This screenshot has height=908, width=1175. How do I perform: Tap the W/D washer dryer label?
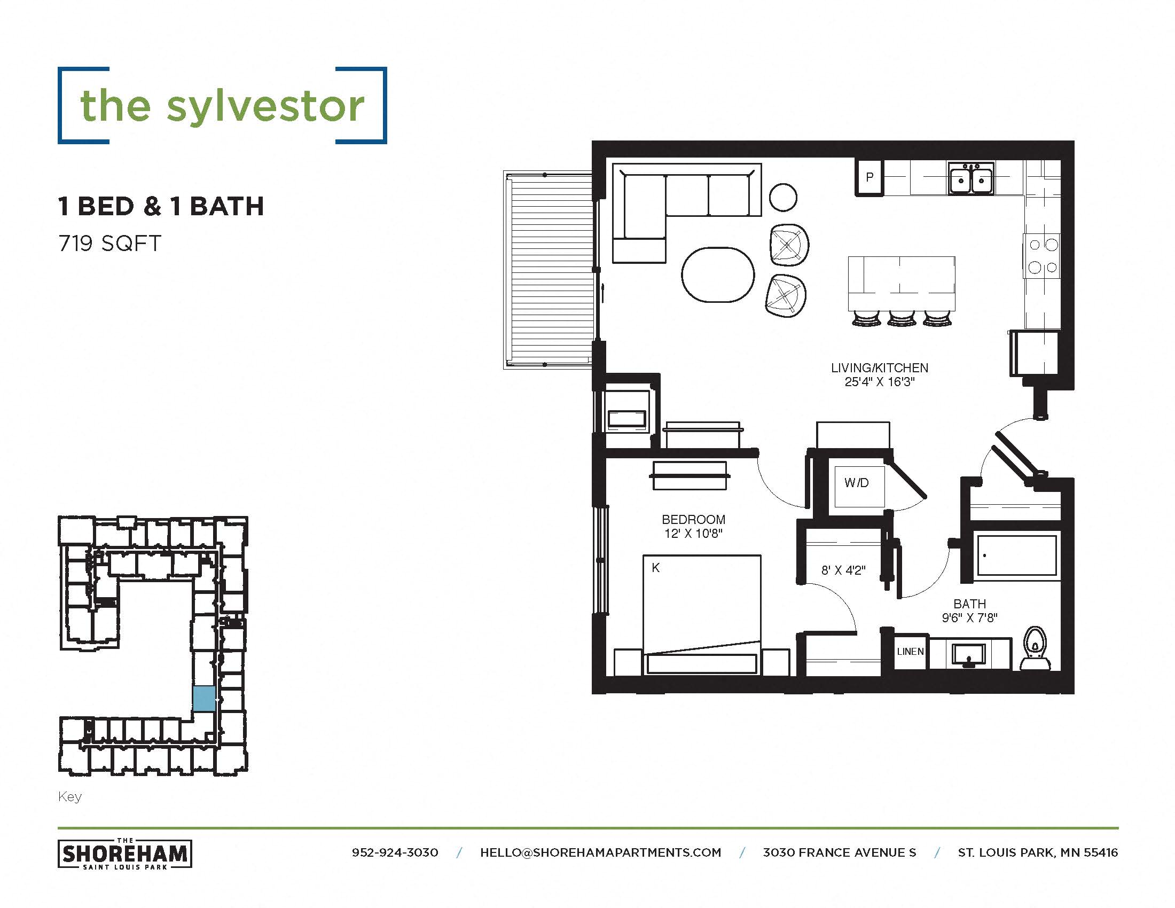[x=857, y=482]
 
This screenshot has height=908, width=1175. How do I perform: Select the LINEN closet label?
[x=910, y=652]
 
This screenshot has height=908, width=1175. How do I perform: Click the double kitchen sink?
[x=971, y=178]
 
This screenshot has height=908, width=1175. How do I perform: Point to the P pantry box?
[x=869, y=177]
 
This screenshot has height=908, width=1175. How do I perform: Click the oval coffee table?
[x=718, y=275]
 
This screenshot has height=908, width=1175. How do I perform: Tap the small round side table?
[x=783, y=198]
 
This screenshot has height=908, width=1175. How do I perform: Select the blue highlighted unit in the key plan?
[x=205, y=699]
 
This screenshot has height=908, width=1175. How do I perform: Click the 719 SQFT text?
[x=109, y=244]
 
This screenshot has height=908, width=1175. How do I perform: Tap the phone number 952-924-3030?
[x=395, y=852]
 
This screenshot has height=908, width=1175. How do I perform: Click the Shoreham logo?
[x=125, y=854]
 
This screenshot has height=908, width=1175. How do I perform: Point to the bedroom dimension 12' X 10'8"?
[x=693, y=534]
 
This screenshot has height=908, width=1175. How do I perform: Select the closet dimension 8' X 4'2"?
[x=843, y=570]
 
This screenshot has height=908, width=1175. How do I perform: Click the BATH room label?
[x=969, y=604]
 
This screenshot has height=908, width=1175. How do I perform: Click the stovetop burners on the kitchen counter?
[x=1042, y=255]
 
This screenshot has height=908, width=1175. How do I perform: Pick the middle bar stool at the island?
[x=902, y=319]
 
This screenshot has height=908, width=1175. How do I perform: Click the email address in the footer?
[x=600, y=852]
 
